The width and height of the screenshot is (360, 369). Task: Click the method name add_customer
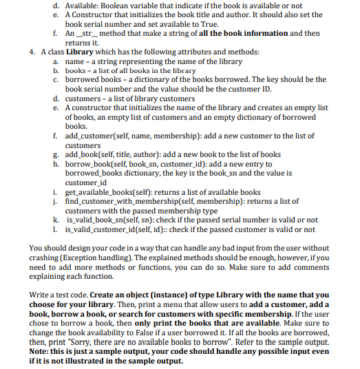(95, 137)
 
